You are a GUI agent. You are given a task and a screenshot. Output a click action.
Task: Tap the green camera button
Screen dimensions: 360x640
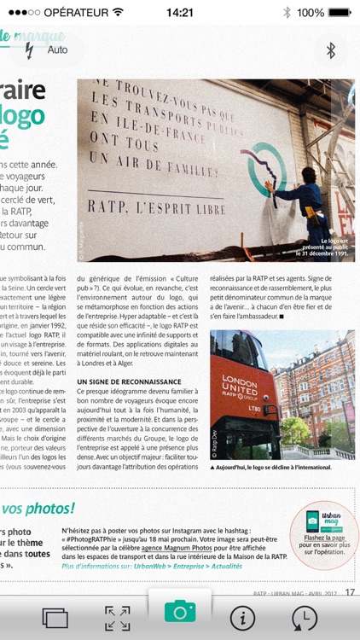click(x=180, y=611)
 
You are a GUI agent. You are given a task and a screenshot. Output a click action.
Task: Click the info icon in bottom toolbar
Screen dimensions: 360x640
click(x=243, y=618)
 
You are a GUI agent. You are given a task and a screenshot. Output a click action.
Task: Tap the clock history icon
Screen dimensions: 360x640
click(x=305, y=618)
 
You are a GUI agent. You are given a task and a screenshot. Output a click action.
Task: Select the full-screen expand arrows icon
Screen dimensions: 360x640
click(x=118, y=619)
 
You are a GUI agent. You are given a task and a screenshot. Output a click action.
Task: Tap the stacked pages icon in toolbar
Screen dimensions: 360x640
click(x=55, y=619)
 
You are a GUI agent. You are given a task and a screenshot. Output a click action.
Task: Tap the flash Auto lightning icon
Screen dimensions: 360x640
click(x=31, y=50)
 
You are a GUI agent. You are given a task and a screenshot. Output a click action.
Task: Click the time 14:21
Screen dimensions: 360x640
click(x=179, y=13)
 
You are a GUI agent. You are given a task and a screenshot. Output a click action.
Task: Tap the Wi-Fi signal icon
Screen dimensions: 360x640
click(x=117, y=13)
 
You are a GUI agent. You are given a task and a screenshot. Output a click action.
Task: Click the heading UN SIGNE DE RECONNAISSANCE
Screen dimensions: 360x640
click(x=130, y=381)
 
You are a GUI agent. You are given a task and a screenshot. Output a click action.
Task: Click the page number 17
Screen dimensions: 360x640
click(x=350, y=593)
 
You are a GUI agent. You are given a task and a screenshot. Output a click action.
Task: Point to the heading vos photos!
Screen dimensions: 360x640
click(x=38, y=509)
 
